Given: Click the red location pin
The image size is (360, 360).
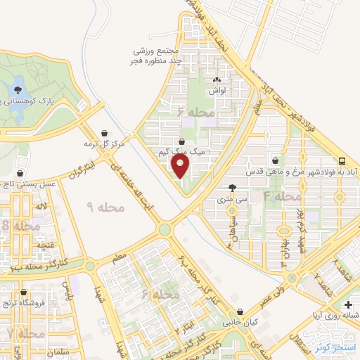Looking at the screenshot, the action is pos(181,167).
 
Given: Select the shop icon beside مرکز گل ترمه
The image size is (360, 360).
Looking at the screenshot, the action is pos(105,132).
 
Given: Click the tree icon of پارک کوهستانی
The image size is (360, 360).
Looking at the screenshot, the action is pos(18,89).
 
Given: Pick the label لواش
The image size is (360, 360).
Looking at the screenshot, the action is pos(216,91).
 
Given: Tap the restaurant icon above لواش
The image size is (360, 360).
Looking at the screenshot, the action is pos(216,80).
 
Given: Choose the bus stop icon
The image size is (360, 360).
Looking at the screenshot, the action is pos(341,160).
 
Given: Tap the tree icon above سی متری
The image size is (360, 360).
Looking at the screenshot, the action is pos(233,188).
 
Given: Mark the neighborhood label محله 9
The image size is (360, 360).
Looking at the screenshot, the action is pos(105,207).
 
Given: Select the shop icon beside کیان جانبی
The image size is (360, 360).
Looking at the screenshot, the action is pos(241,312).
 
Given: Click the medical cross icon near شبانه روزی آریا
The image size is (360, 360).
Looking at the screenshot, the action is pos(349,304).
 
